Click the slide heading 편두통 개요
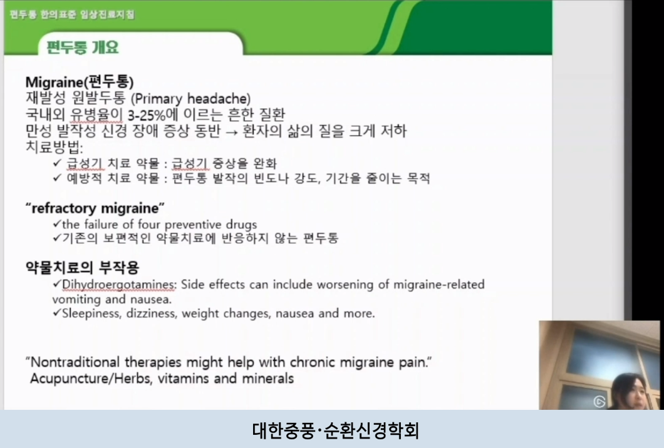[82, 47]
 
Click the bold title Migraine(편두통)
[80, 82]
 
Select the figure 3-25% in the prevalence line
[162, 115]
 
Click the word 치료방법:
[54, 148]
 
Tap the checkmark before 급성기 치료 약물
[58, 163]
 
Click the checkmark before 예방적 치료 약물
[58, 178]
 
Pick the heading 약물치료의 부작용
[82, 268]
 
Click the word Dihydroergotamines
[119, 285]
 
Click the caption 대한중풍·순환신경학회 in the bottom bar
[332, 430]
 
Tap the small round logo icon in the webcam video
[599, 401]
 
